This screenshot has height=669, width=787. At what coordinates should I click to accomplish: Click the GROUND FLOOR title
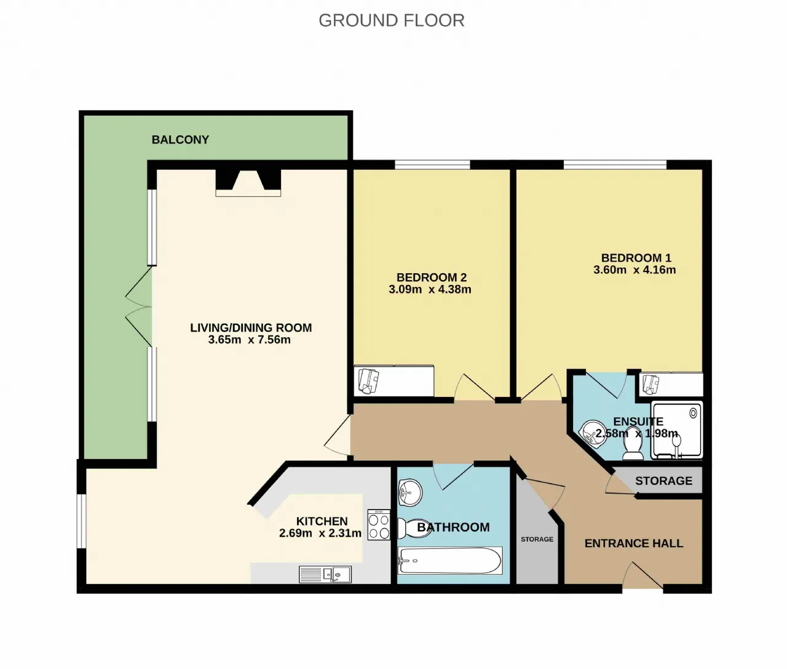(x=392, y=20)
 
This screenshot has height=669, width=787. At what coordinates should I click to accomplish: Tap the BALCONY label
(x=181, y=140)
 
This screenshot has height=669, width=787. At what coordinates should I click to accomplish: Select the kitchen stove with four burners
(x=379, y=524)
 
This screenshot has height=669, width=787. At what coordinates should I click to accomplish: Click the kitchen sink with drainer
(x=325, y=574)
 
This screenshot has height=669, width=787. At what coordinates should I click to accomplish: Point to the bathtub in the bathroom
(x=450, y=560)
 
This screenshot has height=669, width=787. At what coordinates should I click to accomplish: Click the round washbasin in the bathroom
(x=409, y=492)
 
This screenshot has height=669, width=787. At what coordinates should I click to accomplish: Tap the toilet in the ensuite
(x=633, y=443)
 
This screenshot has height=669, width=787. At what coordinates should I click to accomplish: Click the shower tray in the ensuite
(x=676, y=430)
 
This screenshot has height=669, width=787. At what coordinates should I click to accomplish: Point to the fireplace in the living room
(x=248, y=183)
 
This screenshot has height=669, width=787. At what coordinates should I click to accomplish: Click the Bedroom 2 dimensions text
(x=430, y=289)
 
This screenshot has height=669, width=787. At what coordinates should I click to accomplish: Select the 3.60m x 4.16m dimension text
(x=635, y=270)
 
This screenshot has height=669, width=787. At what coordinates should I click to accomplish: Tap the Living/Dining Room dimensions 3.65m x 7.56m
(x=250, y=340)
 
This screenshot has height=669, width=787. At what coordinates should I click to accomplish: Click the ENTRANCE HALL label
(x=633, y=543)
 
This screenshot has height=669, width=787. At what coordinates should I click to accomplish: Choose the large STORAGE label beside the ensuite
(x=663, y=481)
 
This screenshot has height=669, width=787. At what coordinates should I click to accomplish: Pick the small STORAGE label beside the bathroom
(x=537, y=539)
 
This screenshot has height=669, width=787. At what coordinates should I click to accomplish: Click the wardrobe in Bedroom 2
(x=393, y=381)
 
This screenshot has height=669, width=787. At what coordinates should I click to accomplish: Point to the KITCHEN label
(x=322, y=521)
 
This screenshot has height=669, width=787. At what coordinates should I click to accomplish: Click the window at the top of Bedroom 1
(x=615, y=165)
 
